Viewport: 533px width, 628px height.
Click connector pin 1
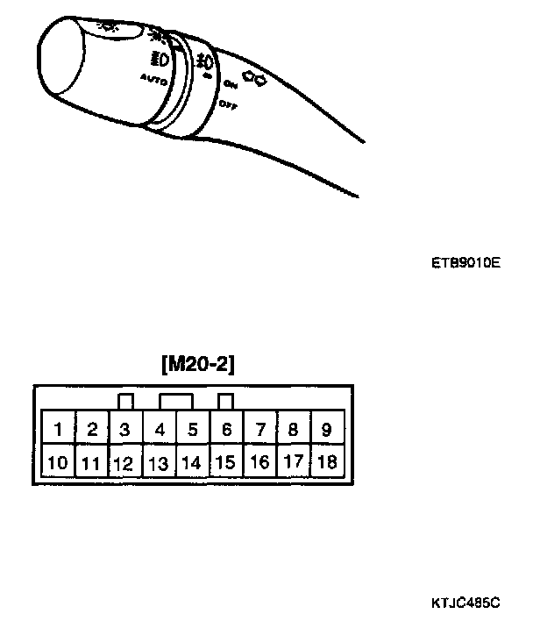[58, 430]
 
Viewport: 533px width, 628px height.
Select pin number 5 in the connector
[193, 430]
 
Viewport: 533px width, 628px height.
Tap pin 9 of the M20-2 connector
[326, 430]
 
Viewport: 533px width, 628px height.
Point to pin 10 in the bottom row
[58, 461]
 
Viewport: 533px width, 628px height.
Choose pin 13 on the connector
[159, 462]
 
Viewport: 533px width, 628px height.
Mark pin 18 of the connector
[327, 461]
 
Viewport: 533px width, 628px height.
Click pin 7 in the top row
[260, 430]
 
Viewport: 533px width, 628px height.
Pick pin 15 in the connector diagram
[226, 461]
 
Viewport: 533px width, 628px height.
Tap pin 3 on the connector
[125, 430]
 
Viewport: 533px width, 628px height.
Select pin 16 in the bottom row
[259, 461]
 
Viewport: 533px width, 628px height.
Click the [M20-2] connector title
[198, 363]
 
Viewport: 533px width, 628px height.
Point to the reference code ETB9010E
[465, 261]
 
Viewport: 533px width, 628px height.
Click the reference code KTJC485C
[465, 603]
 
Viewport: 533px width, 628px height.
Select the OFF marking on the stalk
[229, 104]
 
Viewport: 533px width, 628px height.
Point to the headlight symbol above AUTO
[160, 61]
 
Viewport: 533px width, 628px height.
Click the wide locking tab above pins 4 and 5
[176, 402]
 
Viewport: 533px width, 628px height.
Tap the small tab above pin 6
[226, 402]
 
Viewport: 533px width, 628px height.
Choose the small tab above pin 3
[125, 402]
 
